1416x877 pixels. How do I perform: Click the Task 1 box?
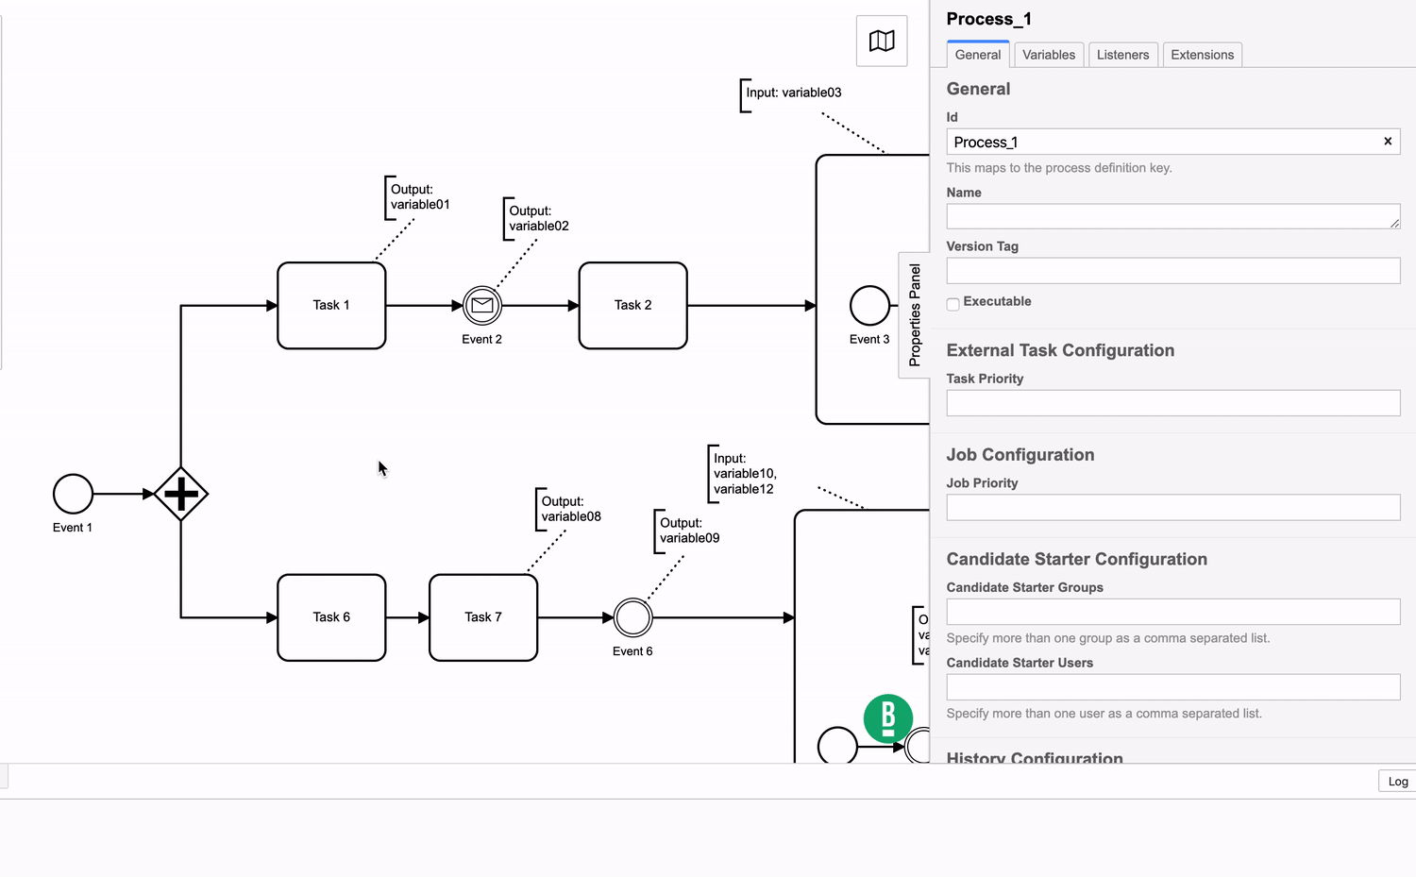tap(331, 305)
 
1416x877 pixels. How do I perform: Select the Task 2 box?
tap(632, 305)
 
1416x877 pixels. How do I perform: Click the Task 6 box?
tap(331, 617)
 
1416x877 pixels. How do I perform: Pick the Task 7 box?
tap(483, 617)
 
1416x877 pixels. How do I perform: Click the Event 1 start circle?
tap(73, 494)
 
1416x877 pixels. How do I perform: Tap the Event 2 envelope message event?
tap(482, 305)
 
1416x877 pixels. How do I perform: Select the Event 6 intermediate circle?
tap(632, 617)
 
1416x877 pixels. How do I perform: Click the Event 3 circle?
tap(869, 305)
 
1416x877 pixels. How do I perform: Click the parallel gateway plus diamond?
tap(180, 494)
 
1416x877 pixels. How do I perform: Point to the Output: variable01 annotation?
tap(419, 197)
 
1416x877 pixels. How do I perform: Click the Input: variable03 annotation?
tap(793, 93)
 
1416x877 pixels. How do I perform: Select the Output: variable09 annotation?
tap(689, 531)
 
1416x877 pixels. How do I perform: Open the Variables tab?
tap(1049, 55)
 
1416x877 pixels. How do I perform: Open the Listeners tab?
tap(1122, 55)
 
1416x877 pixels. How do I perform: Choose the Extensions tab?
tap(1202, 55)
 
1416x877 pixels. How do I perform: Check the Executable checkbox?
tap(953, 304)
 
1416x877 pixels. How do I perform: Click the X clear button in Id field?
tap(1388, 142)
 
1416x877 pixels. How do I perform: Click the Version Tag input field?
tap(1172, 271)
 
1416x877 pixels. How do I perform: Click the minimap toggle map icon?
tap(882, 41)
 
